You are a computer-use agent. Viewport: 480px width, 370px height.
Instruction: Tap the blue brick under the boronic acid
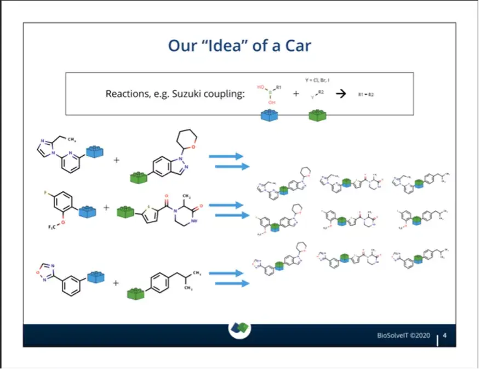pos(268,116)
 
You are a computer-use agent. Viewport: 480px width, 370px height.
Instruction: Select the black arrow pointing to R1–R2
pos(341,94)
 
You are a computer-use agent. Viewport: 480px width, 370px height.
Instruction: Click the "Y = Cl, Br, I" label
pos(317,80)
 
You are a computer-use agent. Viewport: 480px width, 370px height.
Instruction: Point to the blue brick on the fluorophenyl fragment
pos(88,211)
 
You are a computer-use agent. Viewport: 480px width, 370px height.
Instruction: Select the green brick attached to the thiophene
pos(127,211)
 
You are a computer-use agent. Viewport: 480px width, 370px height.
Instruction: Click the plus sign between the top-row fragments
pos(116,161)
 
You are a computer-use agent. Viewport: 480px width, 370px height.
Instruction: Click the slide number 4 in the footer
pos(445,335)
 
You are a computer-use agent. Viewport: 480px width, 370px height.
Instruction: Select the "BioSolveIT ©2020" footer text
pos(403,335)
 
